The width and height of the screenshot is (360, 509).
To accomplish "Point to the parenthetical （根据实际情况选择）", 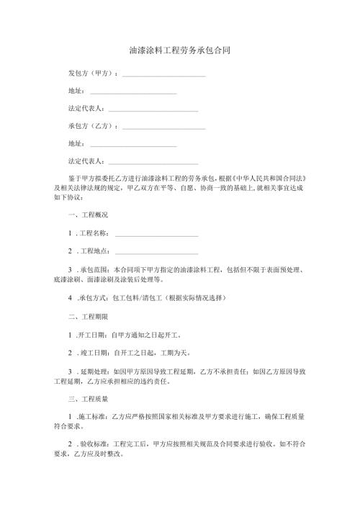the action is (x=197, y=297).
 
